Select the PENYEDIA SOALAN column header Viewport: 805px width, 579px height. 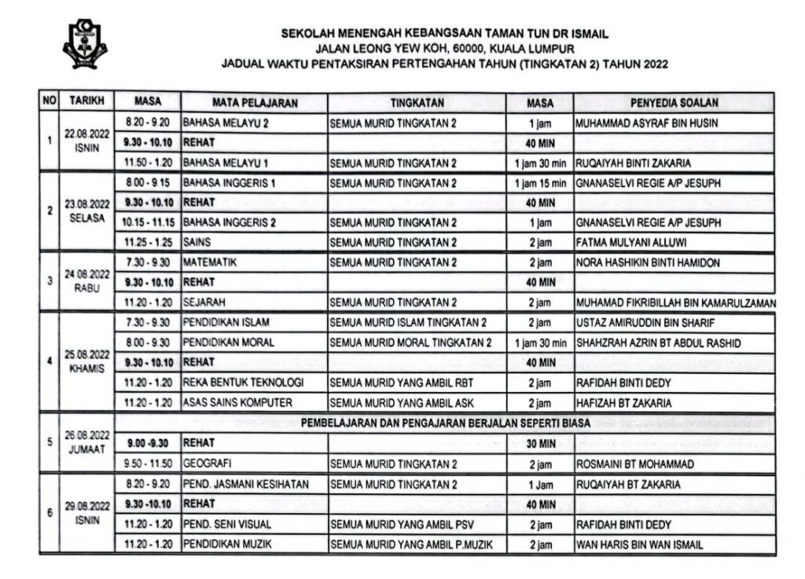[674, 102]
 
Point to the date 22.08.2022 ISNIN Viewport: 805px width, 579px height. [90, 143]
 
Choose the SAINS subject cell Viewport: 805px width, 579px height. [196, 242]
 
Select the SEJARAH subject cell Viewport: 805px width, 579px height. [206, 302]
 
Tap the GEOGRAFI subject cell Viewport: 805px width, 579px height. [208, 464]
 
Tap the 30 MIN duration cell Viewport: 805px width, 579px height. [540, 443]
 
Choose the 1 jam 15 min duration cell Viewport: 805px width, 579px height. [540, 183]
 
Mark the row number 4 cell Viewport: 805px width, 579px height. [50, 362]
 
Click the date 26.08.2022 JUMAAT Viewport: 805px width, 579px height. [90, 444]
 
